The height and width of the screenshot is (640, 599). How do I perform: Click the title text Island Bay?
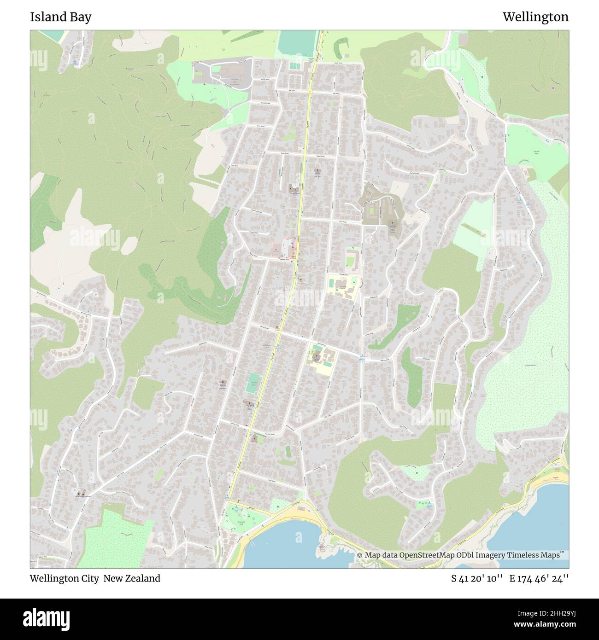pyautogui.click(x=60, y=17)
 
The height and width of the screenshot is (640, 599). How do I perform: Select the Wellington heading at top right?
pyautogui.click(x=535, y=17)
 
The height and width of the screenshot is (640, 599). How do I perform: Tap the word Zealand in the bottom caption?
pyautogui.click(x=143, y=578)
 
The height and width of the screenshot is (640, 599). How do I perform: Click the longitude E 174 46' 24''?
pyautogui.click(x=539, y=578)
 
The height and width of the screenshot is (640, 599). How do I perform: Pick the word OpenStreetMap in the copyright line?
pyautogui.click(x=431, y=555)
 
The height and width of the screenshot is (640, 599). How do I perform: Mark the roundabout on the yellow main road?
pyautogui.click(x=309, y=92)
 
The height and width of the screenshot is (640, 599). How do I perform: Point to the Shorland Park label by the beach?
pyautogui.click(x=240, y=524)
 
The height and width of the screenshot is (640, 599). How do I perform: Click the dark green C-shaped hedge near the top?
pyautogui.click(x=340, y=47)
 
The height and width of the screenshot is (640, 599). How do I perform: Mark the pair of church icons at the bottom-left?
pyautogui.click(x=81, y=493)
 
